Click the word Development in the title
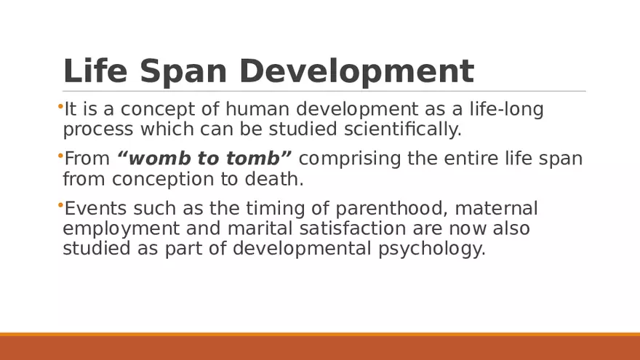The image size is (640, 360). pyautogui.click(x=356, y=71)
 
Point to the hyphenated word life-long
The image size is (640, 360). pyautogui.click(x=502, y=110)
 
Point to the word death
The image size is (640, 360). pyautogui.click(x=280, y=179)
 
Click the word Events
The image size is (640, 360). pyautogui.click(x=89, y=209)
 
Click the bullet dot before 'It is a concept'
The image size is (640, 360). pyautogui.click(x=60, y=107)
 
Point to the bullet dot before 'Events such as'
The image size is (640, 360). pyautogui.click(x=60, y=206)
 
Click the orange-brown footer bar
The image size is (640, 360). pyautogui.click(x=320, y=347)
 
